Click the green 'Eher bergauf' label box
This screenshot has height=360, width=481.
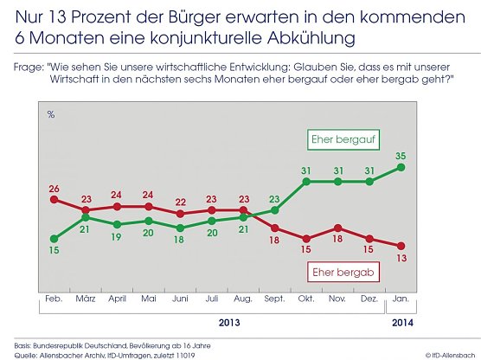(x=339, y=139)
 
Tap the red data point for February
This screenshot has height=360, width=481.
(x=54, y=199)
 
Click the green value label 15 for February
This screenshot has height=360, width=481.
(x=54, y=252)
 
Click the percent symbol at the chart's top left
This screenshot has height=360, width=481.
(x=51, y=115)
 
